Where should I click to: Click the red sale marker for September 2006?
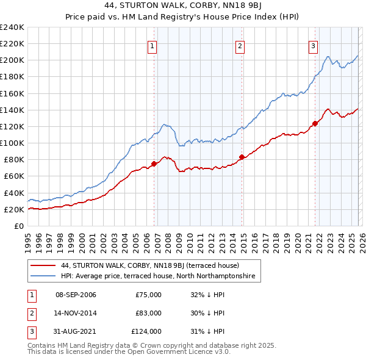pos(154,164)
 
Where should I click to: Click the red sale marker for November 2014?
pos(242,157)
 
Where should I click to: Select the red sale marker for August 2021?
pos(315,123)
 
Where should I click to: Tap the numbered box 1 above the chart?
pos(151,45)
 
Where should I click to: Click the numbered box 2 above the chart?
pos(240,45)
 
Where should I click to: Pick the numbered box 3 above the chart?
pos(313,45)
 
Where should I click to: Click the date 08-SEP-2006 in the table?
pos(76,295)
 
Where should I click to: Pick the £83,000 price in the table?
pos(148,313)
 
